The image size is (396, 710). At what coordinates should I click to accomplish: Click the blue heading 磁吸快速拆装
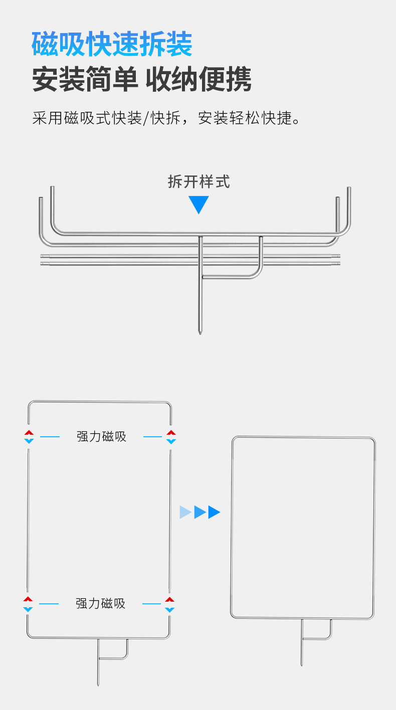[112, 44]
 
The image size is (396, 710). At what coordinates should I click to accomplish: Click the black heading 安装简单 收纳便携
[141, 79]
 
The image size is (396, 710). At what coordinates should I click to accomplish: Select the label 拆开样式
[199, 182]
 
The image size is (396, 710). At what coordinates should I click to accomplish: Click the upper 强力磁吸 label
[101, 436]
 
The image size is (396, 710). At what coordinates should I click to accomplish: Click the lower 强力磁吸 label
[100, 603]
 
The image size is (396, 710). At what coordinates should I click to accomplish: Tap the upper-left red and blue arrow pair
[29, 436]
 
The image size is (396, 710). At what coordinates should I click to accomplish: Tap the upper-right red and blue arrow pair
[171, 436]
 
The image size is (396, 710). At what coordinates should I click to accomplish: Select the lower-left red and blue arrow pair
[28, 604]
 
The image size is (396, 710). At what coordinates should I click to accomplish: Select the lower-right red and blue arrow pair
[170, 604]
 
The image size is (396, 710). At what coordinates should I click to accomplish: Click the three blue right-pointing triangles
[200, 512]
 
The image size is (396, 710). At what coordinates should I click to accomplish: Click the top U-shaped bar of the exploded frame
[99, 402]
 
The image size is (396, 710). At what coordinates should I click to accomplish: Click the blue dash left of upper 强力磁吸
[50, 437]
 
